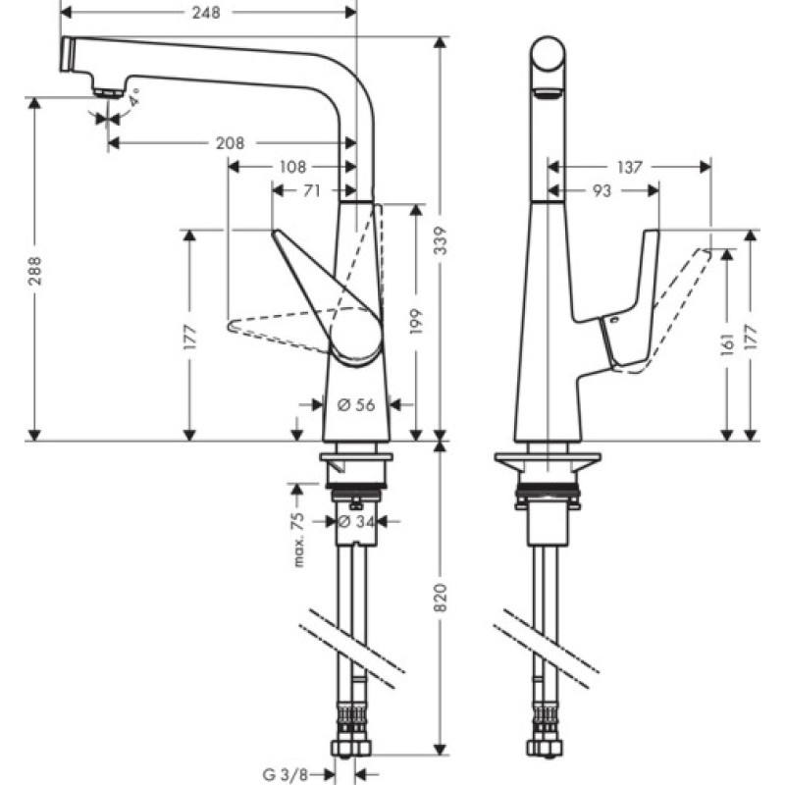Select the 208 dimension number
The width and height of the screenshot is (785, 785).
click(x=230, y=143)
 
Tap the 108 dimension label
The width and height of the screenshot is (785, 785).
click(x=293, y=167)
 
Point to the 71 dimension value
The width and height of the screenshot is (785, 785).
click(x=311, y=191)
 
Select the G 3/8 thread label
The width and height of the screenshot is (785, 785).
click(x=288, y=774)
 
